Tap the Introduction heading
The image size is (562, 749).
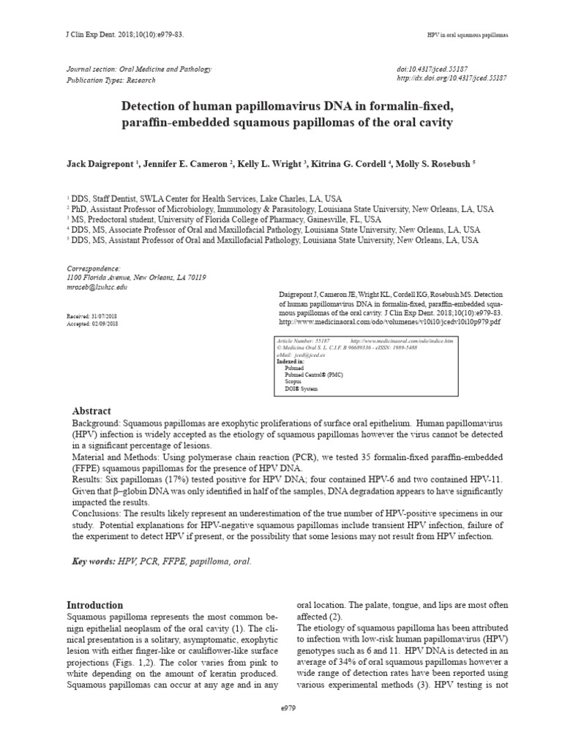click(95, 605)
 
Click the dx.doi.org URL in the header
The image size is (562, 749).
click(452, 78)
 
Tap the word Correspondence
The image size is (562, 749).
click(94, 268)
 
